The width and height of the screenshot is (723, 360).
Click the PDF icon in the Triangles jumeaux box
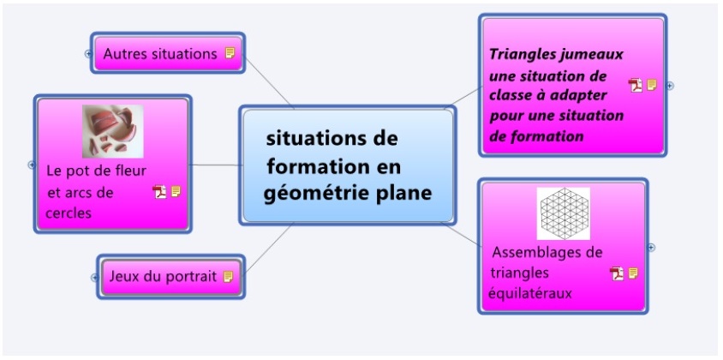636,86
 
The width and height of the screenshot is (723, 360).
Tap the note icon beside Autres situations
230,53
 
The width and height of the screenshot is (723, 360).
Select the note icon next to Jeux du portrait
228,277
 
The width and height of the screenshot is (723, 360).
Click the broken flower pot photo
113,131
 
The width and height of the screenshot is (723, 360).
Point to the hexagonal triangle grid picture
564,213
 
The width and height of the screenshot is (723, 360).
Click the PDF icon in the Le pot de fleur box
159,191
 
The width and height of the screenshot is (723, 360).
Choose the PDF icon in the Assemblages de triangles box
617,273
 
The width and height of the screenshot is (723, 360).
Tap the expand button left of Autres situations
88,54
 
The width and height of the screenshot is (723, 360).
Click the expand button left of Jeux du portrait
94,278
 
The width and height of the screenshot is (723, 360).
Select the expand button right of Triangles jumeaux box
671,86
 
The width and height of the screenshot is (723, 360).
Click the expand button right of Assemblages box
651,248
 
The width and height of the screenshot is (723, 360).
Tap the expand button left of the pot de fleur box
32,165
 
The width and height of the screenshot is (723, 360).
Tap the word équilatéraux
530,293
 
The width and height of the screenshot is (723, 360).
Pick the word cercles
69,213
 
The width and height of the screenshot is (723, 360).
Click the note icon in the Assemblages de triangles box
634,273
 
